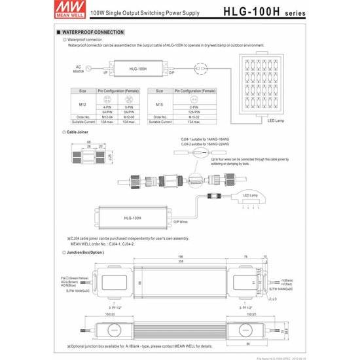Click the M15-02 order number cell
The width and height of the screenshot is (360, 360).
tap(194, 118)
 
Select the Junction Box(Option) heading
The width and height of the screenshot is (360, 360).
tap(85, 251)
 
